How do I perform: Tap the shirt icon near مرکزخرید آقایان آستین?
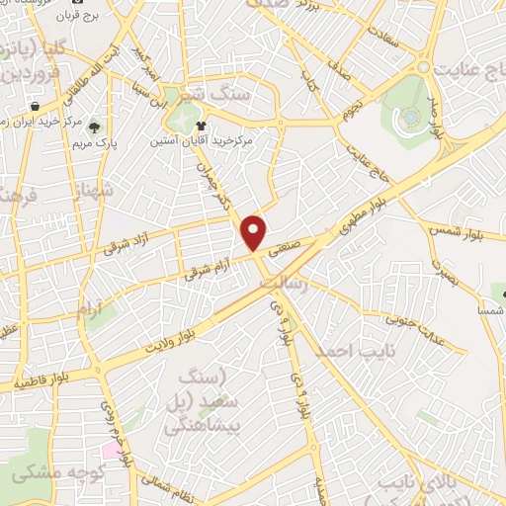point(202,126)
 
